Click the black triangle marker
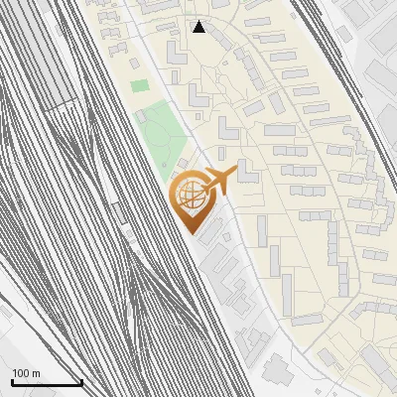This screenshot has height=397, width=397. [199, 27]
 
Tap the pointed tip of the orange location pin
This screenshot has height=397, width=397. [190, 231]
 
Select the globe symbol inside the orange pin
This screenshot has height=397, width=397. [188, 195]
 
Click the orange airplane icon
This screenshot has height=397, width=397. [219, 180]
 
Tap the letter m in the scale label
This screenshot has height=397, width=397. [37, 373]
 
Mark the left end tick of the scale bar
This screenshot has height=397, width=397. [11, 382]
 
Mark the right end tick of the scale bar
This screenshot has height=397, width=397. [81, 382]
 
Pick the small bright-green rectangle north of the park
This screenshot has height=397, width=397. [140, 86]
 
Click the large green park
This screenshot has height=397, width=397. [159, 129]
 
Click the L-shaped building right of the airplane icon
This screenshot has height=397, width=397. [246, 174]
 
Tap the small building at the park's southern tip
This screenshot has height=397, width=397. [183, 165]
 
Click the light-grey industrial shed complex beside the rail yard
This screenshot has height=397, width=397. [223, 263]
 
